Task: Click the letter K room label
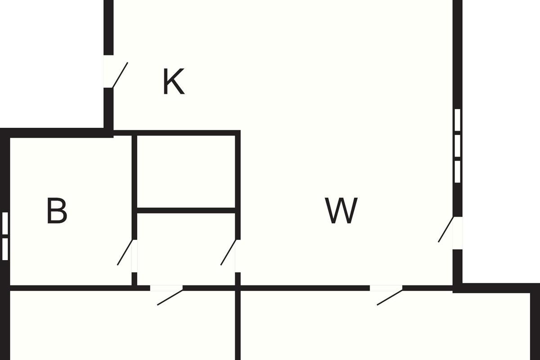174,81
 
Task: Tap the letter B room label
57,211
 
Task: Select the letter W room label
341,211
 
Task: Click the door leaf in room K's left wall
120,75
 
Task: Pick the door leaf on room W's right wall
446,229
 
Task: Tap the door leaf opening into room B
125,252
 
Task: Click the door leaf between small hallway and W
228,252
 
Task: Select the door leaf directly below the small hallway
170,297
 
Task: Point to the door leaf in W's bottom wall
390,297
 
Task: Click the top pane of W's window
457,120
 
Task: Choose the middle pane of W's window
457,146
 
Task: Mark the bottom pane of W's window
457,171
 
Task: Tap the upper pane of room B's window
5,223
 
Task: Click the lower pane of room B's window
5,249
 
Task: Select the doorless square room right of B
186,171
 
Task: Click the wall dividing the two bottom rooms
238,325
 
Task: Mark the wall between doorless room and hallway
186,210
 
